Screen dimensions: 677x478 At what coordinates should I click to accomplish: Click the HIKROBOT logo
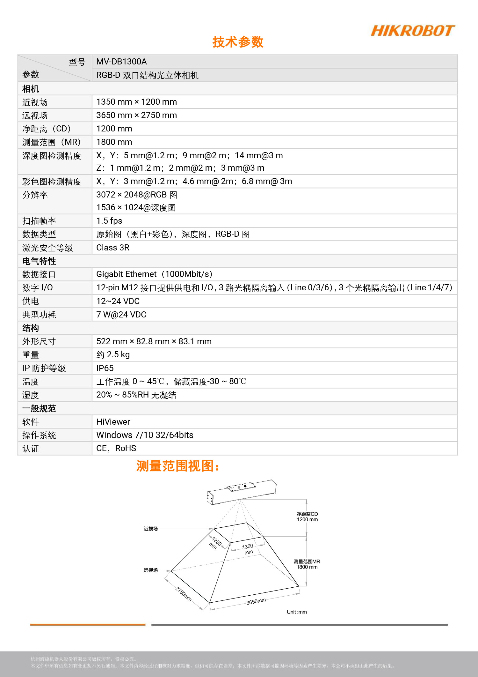[413, 31]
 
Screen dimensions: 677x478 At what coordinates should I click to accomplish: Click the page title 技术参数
[238, 42]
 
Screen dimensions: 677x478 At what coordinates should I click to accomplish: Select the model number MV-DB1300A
[121, 62]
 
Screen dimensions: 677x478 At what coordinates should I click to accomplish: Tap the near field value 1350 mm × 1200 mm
[136, 102]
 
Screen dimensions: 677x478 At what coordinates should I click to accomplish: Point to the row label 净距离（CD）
[47, 129]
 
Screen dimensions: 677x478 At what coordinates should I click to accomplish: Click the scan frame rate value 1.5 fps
[109, 221]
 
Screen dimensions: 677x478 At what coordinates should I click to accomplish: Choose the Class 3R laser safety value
[113, 248]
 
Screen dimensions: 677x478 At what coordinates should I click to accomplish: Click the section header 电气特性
[39, 261]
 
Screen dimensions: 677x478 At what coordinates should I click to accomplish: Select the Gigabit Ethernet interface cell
[154, 274]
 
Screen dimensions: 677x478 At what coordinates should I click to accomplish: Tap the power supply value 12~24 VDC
[118, 301]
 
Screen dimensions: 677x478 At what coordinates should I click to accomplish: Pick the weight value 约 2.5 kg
[113, 354]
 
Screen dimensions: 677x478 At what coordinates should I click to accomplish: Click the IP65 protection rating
[105, 368]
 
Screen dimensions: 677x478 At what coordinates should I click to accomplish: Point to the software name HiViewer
[113, 422]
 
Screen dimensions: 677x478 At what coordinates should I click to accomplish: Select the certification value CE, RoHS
[116, 448]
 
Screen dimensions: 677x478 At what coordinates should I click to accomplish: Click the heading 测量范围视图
[177, 466]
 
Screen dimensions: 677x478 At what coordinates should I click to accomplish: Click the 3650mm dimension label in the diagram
[256, 601]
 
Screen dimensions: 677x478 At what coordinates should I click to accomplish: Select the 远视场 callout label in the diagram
[150, 570]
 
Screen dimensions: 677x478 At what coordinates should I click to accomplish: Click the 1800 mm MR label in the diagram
[307, 567]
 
